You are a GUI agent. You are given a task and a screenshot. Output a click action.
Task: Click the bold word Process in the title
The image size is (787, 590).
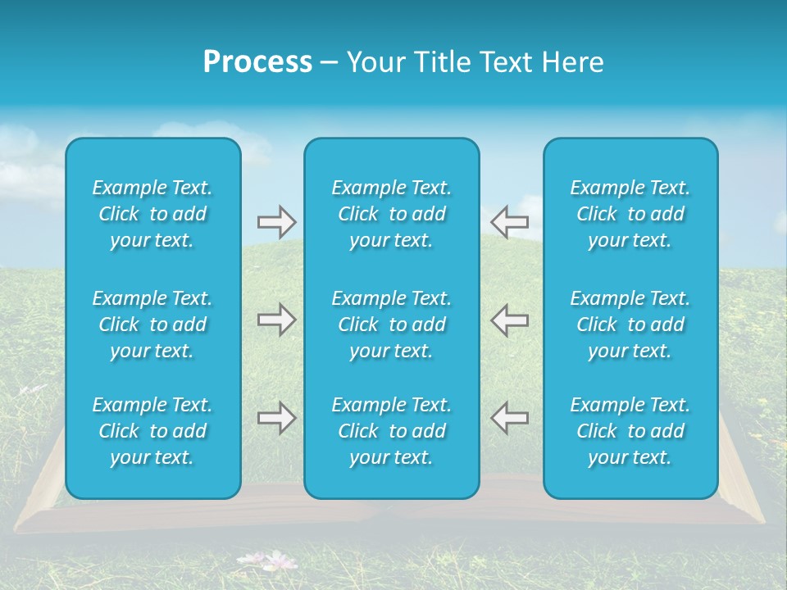(x=257, y=62)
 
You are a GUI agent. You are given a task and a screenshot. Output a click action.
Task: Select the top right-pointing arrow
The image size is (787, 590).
(x=276, y=221)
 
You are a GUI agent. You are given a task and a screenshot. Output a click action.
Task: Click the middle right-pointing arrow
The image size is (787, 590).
(x=276, y=320)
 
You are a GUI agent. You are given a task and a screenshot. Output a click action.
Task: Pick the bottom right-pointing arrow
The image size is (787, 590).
(x=276, y=418)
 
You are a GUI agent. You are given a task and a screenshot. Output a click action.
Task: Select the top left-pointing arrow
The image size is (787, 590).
(x=509, y=221)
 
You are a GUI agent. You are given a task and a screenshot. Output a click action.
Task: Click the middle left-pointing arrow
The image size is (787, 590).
(x=509, y=320)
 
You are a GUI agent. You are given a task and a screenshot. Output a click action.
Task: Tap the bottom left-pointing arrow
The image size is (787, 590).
(x=509, y=418)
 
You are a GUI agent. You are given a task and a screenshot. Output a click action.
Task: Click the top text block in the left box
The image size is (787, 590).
(x=152, y=214)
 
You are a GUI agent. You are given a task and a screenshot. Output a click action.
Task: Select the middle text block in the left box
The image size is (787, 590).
(x=152, y=324)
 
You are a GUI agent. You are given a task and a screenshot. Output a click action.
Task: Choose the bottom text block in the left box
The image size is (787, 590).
(x=152, y=431)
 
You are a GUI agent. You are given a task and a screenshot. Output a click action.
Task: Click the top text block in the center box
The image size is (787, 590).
(x=391, y=214)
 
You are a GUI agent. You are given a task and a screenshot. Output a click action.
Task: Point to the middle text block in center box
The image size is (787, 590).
(x=391, y=324)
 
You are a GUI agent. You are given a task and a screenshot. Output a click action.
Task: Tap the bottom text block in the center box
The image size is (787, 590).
(x=391, y=431)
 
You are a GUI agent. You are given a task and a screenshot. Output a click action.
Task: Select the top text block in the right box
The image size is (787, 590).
(x=630, y=214)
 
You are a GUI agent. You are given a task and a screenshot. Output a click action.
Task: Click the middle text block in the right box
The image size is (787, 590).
(x=630, y=324)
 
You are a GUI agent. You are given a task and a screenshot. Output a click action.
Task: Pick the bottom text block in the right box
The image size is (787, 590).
(x=630, y=431)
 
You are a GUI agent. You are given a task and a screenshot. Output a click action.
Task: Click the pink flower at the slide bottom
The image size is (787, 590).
(x=281, y=560)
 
